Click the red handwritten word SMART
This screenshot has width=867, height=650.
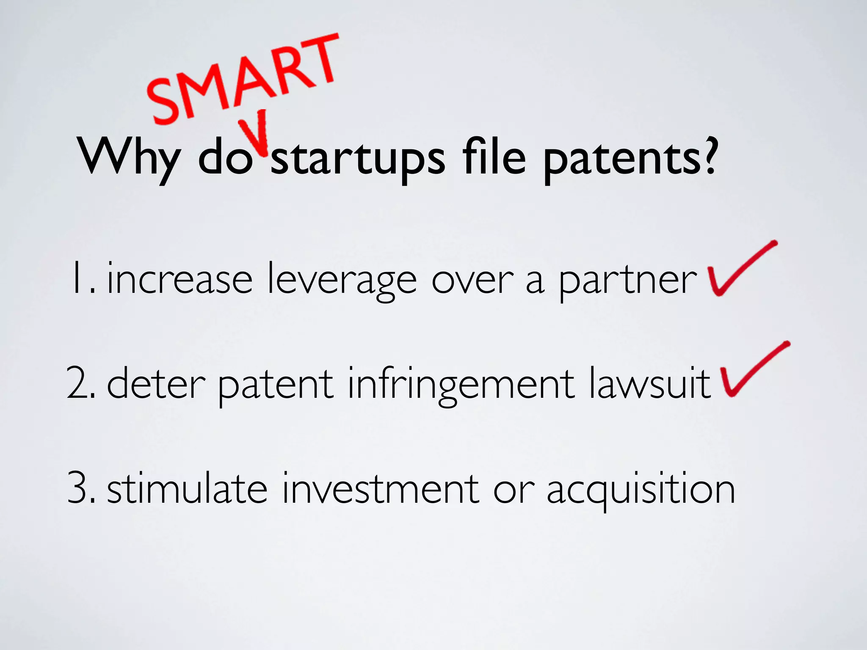pos(243,78)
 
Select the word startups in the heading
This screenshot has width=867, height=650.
pos(358,159)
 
